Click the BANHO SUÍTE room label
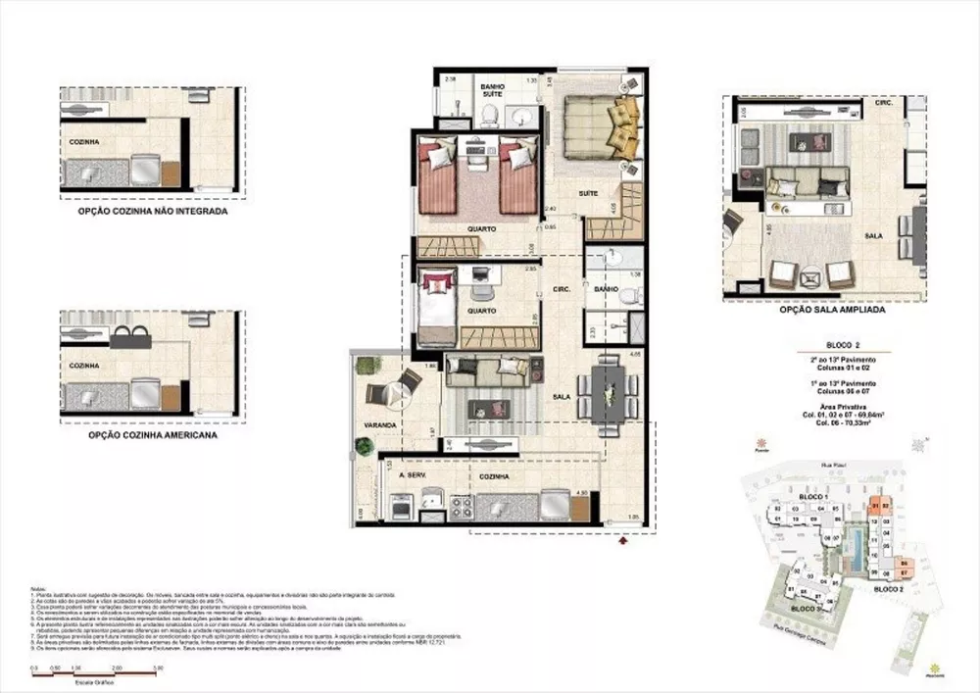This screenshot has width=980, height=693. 491,91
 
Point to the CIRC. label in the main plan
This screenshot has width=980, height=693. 562,289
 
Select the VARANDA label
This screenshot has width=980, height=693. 379,425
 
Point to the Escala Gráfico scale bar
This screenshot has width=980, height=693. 96,672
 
